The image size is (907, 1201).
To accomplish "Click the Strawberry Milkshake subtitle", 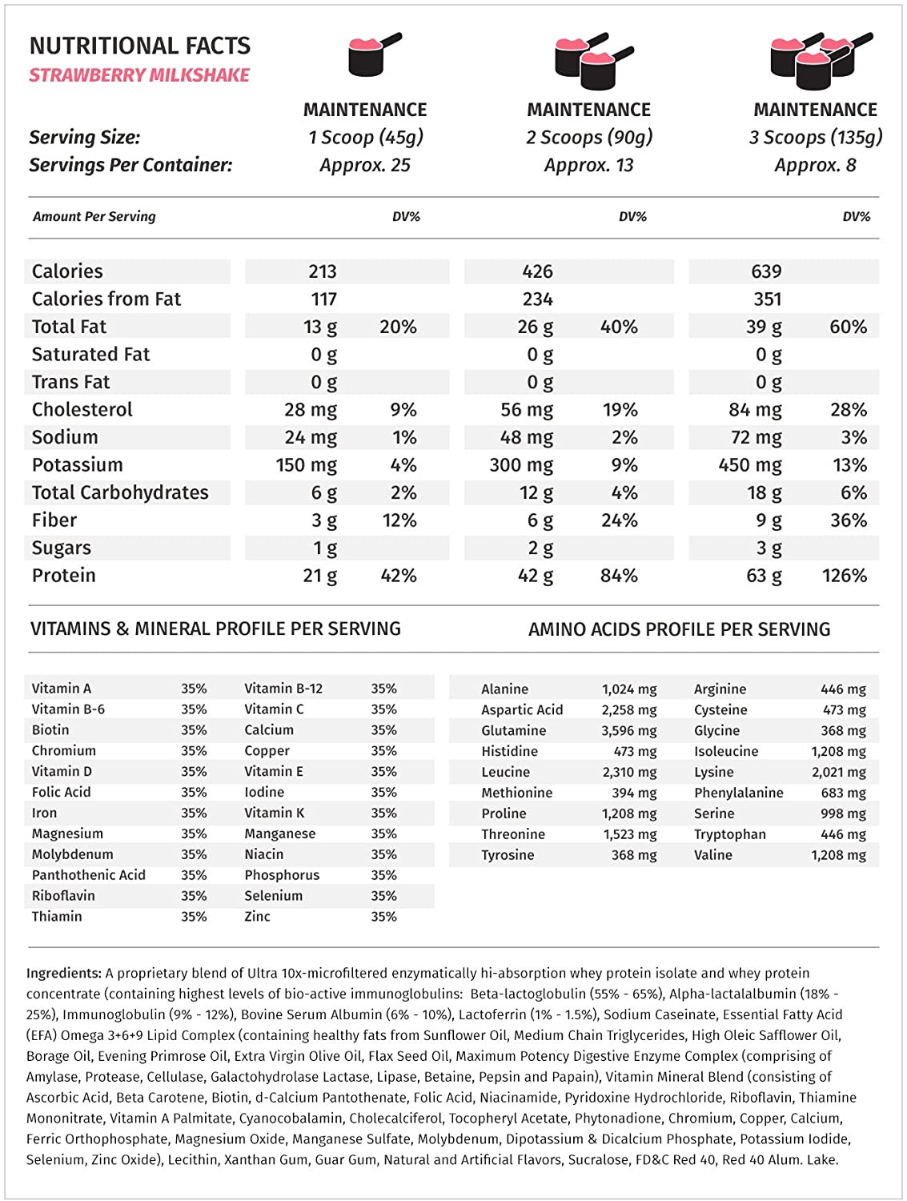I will (x=139, y=75).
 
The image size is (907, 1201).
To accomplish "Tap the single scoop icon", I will (x=373, y=54).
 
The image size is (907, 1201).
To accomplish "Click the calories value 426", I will (x=537, y=271).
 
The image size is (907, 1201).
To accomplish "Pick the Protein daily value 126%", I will (x=845, y=576).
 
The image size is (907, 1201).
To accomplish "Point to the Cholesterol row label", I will (x=82, y=410).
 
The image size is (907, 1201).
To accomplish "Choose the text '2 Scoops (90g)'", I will (x=589, y=138).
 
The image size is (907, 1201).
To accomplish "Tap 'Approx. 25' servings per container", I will (x=365, y=166).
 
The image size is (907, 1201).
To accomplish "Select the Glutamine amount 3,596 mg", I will (x=629, y=731).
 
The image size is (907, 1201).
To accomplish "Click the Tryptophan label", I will (x=729, y=834).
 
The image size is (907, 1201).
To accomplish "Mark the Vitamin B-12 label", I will (x=283, y=689).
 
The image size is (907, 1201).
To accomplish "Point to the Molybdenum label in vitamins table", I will (x=73, y=854).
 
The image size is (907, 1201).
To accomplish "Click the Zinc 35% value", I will (x=383, y=917).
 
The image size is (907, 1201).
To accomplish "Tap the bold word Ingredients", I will (x=64, y=974).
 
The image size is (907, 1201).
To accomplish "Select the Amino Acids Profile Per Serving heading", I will (x=679, y=629).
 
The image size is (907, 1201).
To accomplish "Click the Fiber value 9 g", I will (x=769, y=520).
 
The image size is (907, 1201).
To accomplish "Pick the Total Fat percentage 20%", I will (x=398, y=327).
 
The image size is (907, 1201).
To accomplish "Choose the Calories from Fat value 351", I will (x=767, y=299).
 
